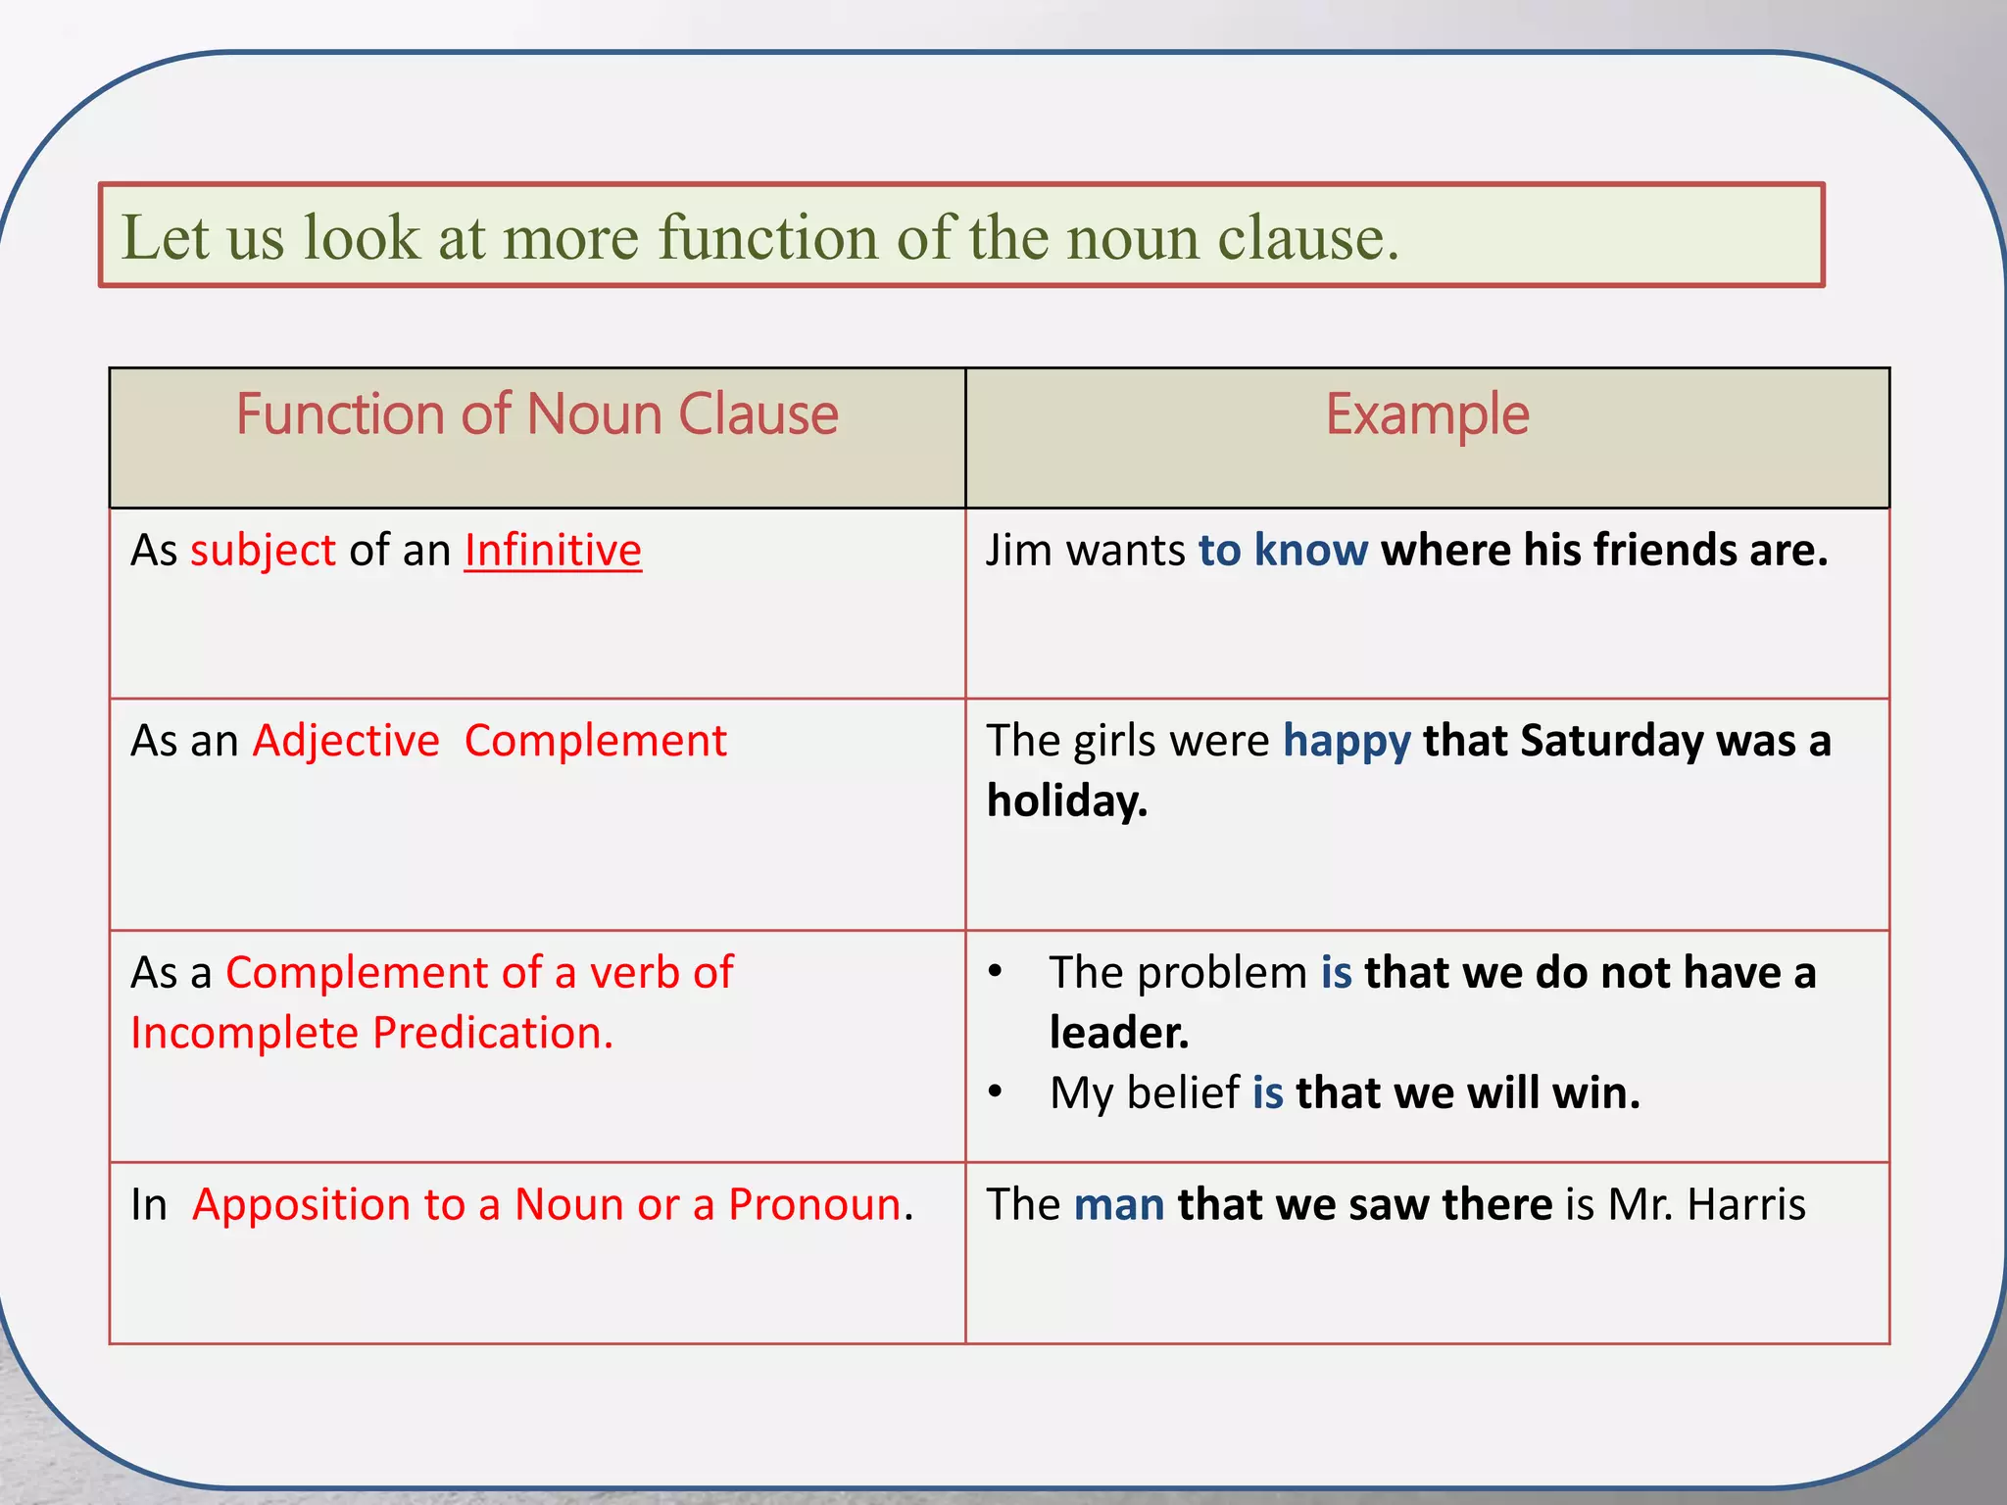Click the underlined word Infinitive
point(553,551)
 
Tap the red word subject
point(263,551)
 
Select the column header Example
point(1427,414)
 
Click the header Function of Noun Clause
point(537,414)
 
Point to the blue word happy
point(1346,742)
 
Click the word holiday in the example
point(1065,801)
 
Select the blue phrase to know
point(1283,551)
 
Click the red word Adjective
point(346,742)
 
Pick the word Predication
point(493,1034)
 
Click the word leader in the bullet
point(1118,1034)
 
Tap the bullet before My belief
point(996,1092)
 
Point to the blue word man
point(1119,1205)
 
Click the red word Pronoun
point(814,1205)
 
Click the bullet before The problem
point(996,972)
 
